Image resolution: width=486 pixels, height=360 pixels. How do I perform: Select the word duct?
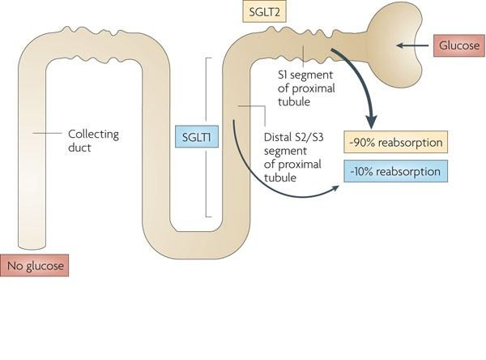pyautogui.click(x=81, y=150)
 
